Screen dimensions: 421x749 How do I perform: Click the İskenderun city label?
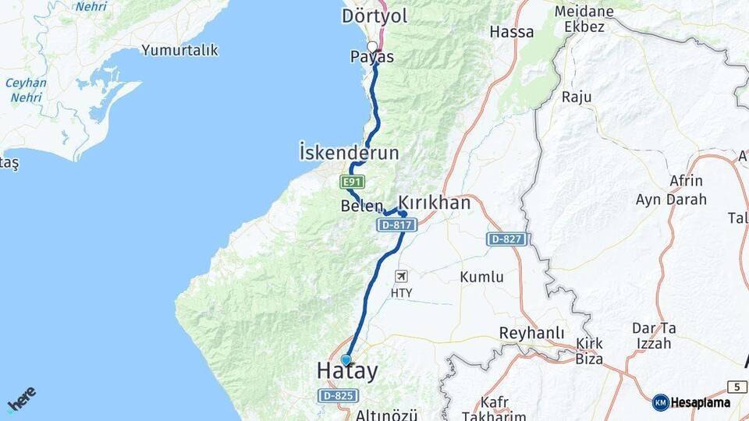pyautogui.click(x=349, y=152)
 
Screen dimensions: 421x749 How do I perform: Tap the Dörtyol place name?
pyautogui.click(x=374, y=16)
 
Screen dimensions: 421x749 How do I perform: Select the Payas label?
pyautogui.click(x=371, y=57)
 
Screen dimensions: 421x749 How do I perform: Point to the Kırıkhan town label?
pyautogui.click(x=435, y=203)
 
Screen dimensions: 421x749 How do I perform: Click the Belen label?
pyautogui.click(x=362, y=207)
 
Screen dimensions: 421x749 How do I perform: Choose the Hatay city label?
pyautogui.click(x=347, y=372)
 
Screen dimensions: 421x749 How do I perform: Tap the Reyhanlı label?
pyautogui.click(x=531, y=333)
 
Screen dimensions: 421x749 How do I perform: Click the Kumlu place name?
pyautogui.click(x=481, y=277)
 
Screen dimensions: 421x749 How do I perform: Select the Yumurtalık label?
pyautogui.click(x=179, y=50)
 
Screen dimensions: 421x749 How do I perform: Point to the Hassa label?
pyautogui.click(x=512, y=32)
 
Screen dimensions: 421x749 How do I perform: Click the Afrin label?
pyautogui.click(x=686, y=181)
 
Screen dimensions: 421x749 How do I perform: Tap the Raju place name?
pyautogui.click(x=577, y=97)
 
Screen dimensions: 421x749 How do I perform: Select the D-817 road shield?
pyautogui.click(x=397, y=225)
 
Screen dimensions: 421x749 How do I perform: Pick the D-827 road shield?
pyautogui.click(x=507, y=239)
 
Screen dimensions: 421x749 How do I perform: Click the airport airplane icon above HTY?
pyautogui.click(x=401, y=276)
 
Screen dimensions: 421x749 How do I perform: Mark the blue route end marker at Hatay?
pyautogui.click(x=346, y=359)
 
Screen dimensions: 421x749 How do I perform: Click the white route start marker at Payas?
pyautogui.click(x=372, y=46)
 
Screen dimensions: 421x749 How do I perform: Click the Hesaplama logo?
pyautogui.click(x=692, y=402)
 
